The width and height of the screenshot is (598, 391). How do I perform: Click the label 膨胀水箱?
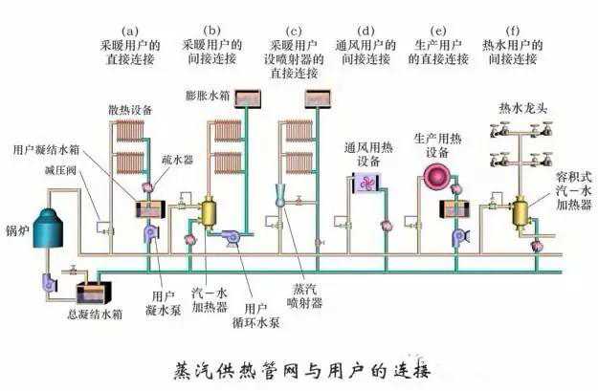[x=210, y=96]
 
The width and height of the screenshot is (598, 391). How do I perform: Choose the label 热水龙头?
[x=520, y=108]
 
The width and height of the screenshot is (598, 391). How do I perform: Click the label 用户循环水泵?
[x=255, y=315]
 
